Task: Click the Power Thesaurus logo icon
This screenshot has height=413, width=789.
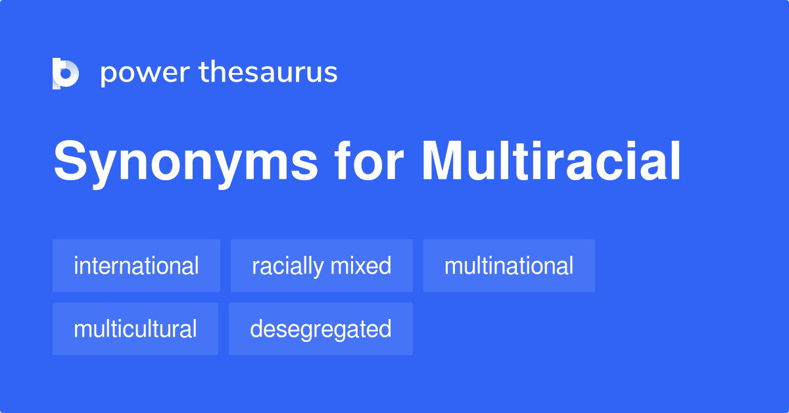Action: (66, 73)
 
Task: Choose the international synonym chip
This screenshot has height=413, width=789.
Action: (136, 266)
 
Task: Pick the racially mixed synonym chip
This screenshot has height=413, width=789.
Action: (322, 266)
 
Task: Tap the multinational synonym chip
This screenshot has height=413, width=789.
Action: (509, 266)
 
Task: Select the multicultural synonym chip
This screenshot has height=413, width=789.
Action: (135, 329)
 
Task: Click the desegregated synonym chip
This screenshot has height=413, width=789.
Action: (321, 329)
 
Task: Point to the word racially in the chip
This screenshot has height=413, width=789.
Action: (287, 266)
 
